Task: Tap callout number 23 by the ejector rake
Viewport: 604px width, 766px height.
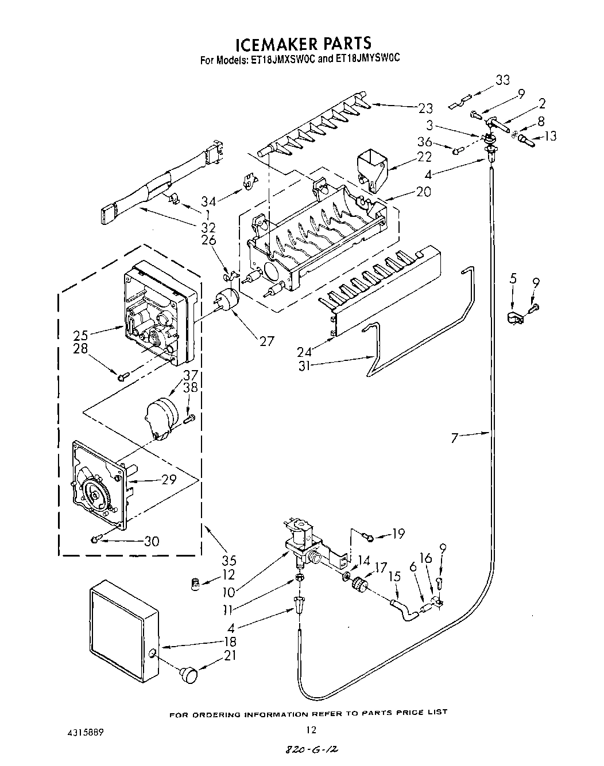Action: (x=425, y=108)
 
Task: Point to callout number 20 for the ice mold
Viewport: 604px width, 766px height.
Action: (x=424, y=192)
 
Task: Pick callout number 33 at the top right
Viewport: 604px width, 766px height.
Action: (x=502, y=80)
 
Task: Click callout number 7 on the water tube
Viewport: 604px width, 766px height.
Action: (x=455, y=438)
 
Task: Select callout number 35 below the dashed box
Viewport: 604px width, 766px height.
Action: (x=229, y=561)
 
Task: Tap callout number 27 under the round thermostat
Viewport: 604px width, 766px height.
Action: (x=266, y=341)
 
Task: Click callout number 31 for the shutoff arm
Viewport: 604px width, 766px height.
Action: (x=304, y=365)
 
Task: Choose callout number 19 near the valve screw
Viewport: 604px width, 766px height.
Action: (x=398, y=534)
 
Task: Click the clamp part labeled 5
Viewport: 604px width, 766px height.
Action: (x=513, y=318)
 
